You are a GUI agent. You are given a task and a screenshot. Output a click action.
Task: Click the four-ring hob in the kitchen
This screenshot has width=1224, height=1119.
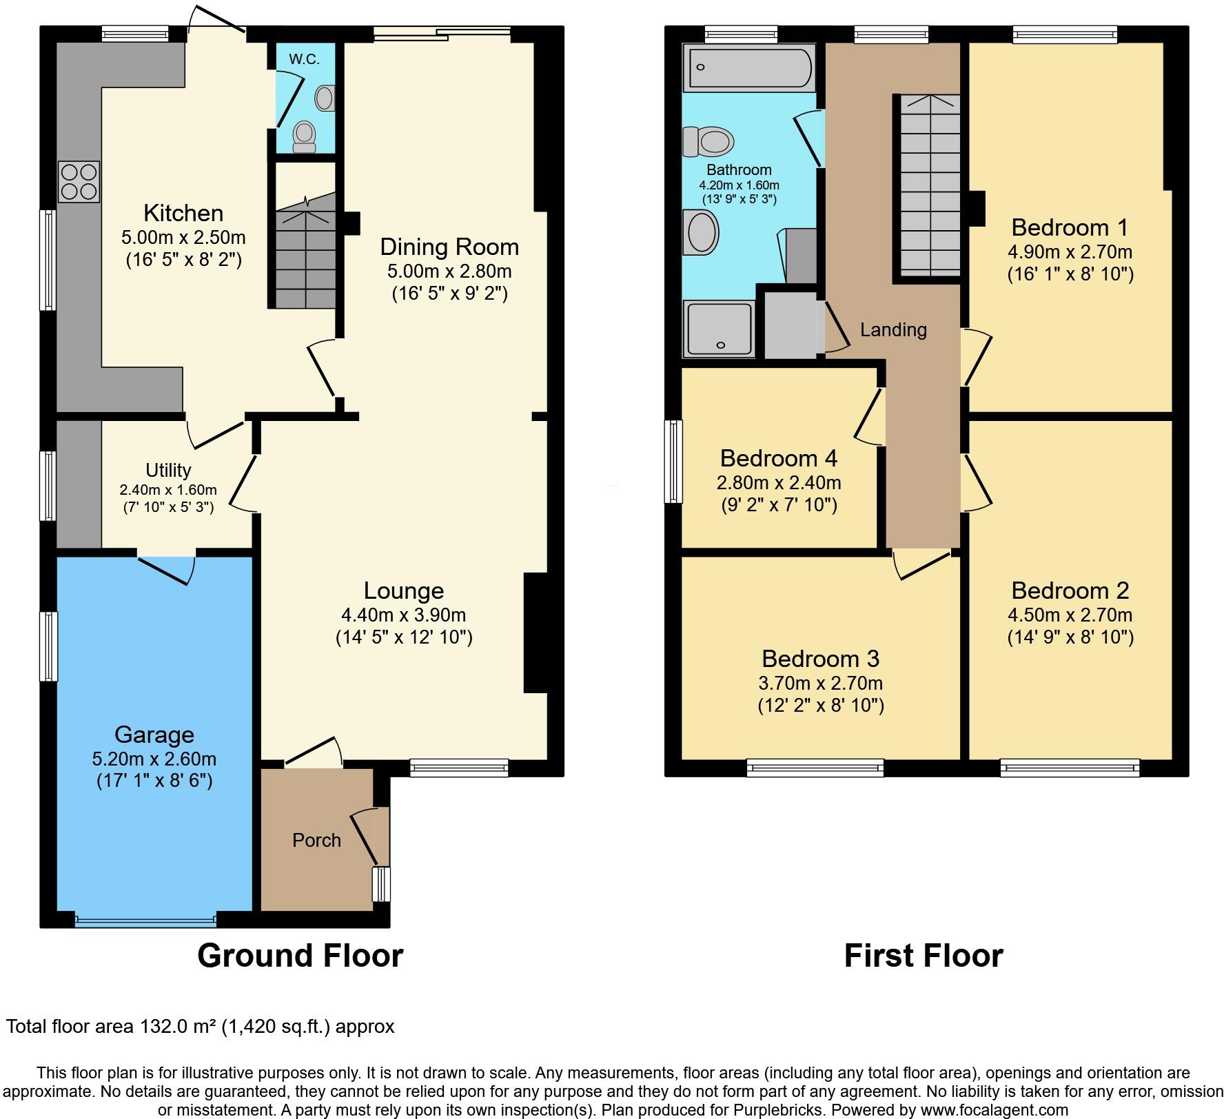(x=79, y=181)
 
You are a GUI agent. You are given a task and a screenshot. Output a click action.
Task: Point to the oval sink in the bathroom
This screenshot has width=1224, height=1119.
(x=700, y=232)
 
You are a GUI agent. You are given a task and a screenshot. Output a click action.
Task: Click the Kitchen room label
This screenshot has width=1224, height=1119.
(x=183, y=213)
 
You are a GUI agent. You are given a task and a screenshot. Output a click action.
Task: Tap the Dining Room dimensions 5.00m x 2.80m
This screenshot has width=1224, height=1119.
(x=449, y=271)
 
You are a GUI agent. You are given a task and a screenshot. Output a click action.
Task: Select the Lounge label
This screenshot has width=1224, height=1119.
(x=403, y=591)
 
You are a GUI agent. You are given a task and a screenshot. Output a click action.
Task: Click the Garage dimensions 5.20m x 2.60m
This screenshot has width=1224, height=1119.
(x=154, y=759)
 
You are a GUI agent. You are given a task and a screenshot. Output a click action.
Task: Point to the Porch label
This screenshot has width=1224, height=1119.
(x=316, y=840)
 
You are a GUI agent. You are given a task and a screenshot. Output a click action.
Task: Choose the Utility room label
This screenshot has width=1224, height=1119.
(x=168, y=470)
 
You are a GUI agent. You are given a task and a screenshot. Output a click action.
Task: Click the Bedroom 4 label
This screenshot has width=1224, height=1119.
(x=779, y=458)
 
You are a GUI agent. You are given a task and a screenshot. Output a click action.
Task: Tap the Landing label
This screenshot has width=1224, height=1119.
(x=893, y=329)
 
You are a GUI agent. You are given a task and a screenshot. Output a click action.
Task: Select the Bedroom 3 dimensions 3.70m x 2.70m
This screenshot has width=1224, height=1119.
(x=820, y=683)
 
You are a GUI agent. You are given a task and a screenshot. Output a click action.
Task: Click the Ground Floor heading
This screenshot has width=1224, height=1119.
(x=300, y=956)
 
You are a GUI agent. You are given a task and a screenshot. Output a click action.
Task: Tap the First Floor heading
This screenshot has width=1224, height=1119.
(x=923, y=956)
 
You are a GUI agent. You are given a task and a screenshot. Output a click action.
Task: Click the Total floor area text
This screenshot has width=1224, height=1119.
(x=201, y=1027)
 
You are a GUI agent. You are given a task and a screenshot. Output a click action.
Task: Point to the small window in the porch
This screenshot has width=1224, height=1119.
(x=380, y=884)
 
